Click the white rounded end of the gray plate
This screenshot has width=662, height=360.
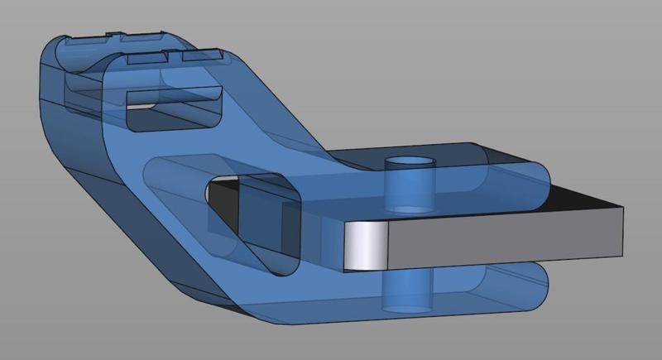362,247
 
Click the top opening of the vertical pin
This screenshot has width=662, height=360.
410,161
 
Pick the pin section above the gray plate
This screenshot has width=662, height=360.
410,186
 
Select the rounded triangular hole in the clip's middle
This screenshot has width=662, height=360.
248,215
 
